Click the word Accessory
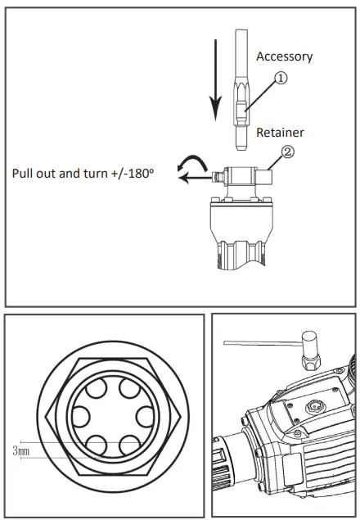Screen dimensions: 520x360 tap(284, 57)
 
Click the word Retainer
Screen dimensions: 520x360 tap(281, 131)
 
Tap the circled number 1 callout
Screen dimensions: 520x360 tap(280, 79)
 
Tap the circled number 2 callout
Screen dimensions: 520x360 tap(287, 151)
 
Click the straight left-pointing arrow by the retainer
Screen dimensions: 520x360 tap(195, 175)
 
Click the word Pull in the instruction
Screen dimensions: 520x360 tap(25, 174)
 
